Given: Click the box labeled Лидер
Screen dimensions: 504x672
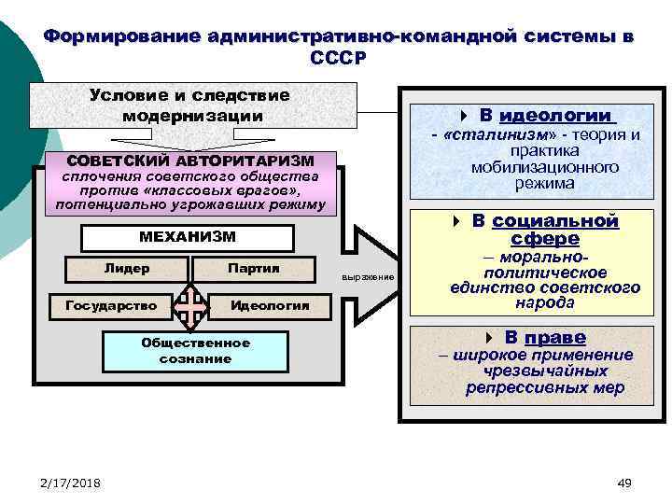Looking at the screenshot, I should tap(127, 269).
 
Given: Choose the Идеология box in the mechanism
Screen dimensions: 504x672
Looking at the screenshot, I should tap(270, 305).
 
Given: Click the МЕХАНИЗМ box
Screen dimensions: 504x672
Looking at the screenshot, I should tap(188, 237).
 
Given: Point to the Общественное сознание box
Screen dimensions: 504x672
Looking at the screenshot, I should tap(195, 350).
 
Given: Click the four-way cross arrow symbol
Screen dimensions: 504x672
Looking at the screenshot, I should tap(191, 305).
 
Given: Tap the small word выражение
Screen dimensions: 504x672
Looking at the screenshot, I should tap(368, 277).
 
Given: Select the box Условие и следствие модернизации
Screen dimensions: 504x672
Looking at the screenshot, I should tap(193, 105).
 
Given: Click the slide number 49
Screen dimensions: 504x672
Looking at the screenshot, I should tap(624, 482).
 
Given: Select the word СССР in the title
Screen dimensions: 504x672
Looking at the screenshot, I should tap(340, 57).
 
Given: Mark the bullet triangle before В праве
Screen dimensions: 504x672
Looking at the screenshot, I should tap(489, 337).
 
